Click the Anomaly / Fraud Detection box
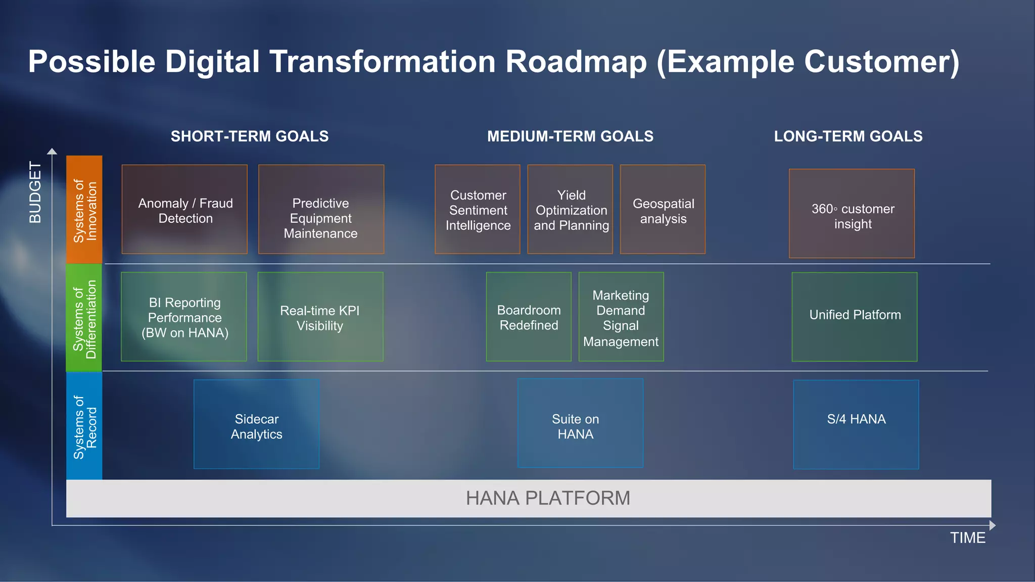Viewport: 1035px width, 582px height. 184,209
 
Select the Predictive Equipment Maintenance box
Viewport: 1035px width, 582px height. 321,209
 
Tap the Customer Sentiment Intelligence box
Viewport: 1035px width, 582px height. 478,209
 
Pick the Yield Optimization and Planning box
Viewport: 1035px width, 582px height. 570,209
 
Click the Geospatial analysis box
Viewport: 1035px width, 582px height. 663,209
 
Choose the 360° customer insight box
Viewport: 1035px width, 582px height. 852,214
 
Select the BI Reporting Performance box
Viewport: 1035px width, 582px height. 184,317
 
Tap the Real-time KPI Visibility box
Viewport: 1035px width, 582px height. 320,317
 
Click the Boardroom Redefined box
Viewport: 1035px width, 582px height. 529,317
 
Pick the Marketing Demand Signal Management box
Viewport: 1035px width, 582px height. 621,317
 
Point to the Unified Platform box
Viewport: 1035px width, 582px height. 855,317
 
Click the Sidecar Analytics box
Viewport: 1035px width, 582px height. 256,424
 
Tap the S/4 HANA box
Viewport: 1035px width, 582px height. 856,424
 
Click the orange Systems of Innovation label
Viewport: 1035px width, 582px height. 84,210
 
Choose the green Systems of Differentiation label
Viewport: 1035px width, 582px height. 84,318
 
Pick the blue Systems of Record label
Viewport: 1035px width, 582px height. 84,426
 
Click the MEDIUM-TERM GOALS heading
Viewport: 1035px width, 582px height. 570,136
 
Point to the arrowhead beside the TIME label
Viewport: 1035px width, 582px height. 992,525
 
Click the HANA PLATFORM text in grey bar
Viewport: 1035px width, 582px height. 548,498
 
